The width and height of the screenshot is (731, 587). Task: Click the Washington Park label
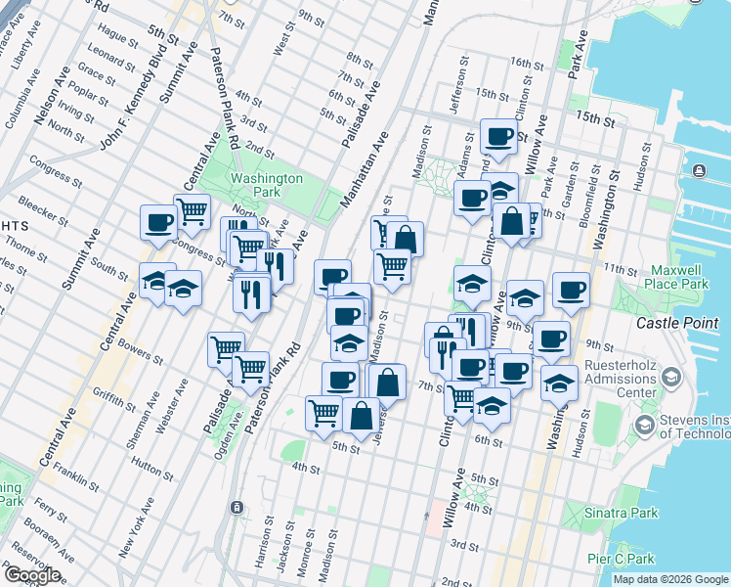(267, 186)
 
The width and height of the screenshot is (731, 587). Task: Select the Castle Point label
(676, 323)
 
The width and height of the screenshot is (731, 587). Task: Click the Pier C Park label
(621, 559)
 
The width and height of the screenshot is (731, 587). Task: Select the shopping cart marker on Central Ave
(192, 210)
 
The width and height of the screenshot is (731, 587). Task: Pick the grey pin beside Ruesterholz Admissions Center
(671, 378)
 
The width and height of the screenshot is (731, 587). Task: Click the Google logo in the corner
(31, 575)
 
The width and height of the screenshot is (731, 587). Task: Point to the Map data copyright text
(669, 579)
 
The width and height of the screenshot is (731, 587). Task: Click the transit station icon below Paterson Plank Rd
(236, 508)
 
